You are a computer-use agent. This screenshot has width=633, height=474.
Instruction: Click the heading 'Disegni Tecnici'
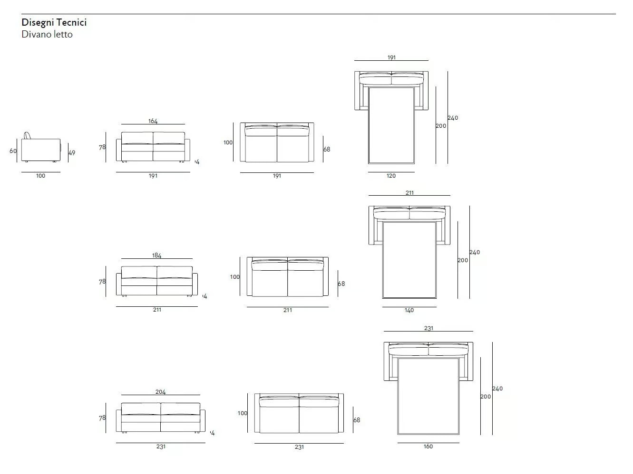[54, 22]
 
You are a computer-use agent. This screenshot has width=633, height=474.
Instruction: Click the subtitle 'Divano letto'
[47, 34]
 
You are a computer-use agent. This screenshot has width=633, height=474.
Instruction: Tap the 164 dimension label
[153, 121]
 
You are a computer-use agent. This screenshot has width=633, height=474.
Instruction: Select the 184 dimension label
[156, 255]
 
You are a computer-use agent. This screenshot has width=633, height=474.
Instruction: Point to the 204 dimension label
[161, 392]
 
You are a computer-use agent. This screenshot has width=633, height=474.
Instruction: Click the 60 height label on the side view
[13, 151]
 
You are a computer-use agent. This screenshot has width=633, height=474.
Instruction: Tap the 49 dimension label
[72, 153]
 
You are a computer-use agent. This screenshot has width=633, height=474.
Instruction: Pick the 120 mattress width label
[391, 176]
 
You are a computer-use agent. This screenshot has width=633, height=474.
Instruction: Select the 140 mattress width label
[409, 310]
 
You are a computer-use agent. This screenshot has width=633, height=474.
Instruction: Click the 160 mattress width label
[428, 446]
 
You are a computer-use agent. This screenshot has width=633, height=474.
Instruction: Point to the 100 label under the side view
[40, 176]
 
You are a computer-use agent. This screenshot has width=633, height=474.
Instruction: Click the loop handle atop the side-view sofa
[27, 135]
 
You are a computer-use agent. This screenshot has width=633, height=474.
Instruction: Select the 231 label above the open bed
[428, 328]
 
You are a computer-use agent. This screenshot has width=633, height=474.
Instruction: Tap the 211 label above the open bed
[409, 193]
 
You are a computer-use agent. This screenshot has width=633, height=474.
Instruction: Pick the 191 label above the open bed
[391, 57]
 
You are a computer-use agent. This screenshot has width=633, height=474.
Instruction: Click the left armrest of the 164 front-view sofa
[118, 150]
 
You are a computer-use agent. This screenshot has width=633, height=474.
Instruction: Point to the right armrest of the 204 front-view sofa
[203, 420]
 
